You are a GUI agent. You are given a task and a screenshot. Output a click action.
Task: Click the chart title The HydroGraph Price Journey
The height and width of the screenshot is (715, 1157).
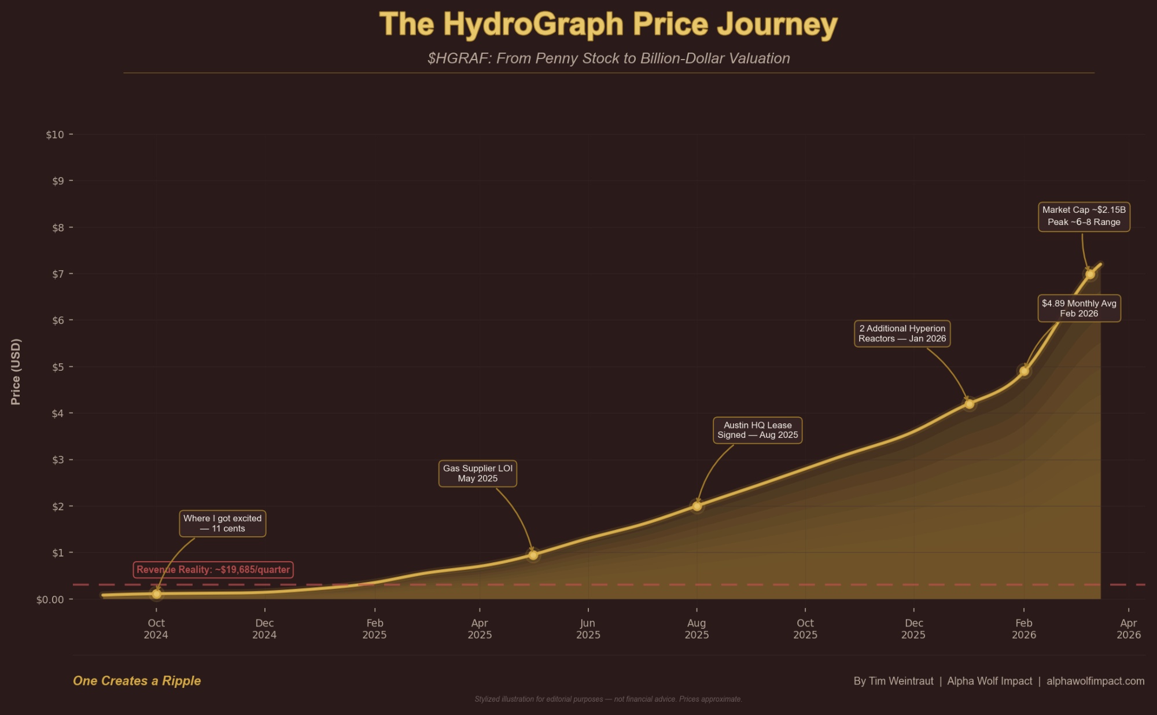tap(608, 25)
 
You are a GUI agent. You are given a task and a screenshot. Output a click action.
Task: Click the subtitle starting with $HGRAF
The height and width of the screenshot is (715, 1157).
tap(608, 58)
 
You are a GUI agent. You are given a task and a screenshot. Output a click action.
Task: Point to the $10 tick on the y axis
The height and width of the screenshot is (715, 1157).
tap(56, 135)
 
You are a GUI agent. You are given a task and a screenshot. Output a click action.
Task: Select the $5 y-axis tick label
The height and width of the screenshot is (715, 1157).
tap(58, 367)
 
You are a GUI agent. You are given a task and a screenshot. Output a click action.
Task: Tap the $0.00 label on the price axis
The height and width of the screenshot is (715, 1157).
tap(50, 600)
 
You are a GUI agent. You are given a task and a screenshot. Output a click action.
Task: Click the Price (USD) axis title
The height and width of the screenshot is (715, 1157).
tap(16, 371)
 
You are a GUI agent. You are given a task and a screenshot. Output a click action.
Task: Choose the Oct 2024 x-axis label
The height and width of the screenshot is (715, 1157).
tap(156, 629)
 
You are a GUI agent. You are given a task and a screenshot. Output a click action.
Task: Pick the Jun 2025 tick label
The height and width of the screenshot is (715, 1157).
tap(588, 629)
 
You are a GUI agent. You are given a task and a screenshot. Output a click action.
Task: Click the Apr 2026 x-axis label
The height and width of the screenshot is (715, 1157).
tap(1129, 629)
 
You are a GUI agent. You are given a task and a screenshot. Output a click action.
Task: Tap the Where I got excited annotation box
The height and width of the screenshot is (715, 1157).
tap(223, 524)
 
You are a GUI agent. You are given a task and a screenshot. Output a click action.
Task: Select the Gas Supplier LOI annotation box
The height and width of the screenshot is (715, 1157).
tap(478, 473)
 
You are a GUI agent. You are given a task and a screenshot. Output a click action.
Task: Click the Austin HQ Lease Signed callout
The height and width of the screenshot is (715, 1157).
tap(758, 430)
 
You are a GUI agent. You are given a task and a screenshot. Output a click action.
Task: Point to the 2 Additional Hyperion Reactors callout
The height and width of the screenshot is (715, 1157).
tap(902, 334)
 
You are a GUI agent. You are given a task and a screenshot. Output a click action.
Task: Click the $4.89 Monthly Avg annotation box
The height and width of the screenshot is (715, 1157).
tap(1079, 308)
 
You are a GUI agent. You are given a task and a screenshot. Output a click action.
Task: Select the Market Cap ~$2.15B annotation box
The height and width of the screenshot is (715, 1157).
tap(1084, 216)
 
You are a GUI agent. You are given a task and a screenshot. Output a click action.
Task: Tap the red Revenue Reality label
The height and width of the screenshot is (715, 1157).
tap(213, 570)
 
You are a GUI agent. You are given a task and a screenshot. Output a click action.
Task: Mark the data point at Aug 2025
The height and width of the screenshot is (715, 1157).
tap(697, 506)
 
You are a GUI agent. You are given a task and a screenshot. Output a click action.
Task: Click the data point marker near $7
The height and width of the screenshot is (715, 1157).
tap(1090, 274)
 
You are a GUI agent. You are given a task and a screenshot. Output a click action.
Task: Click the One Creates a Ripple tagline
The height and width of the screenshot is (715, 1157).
tap(137, 681)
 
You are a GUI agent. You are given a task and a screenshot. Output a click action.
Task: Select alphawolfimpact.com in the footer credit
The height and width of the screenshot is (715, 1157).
tap(1095, 681)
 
